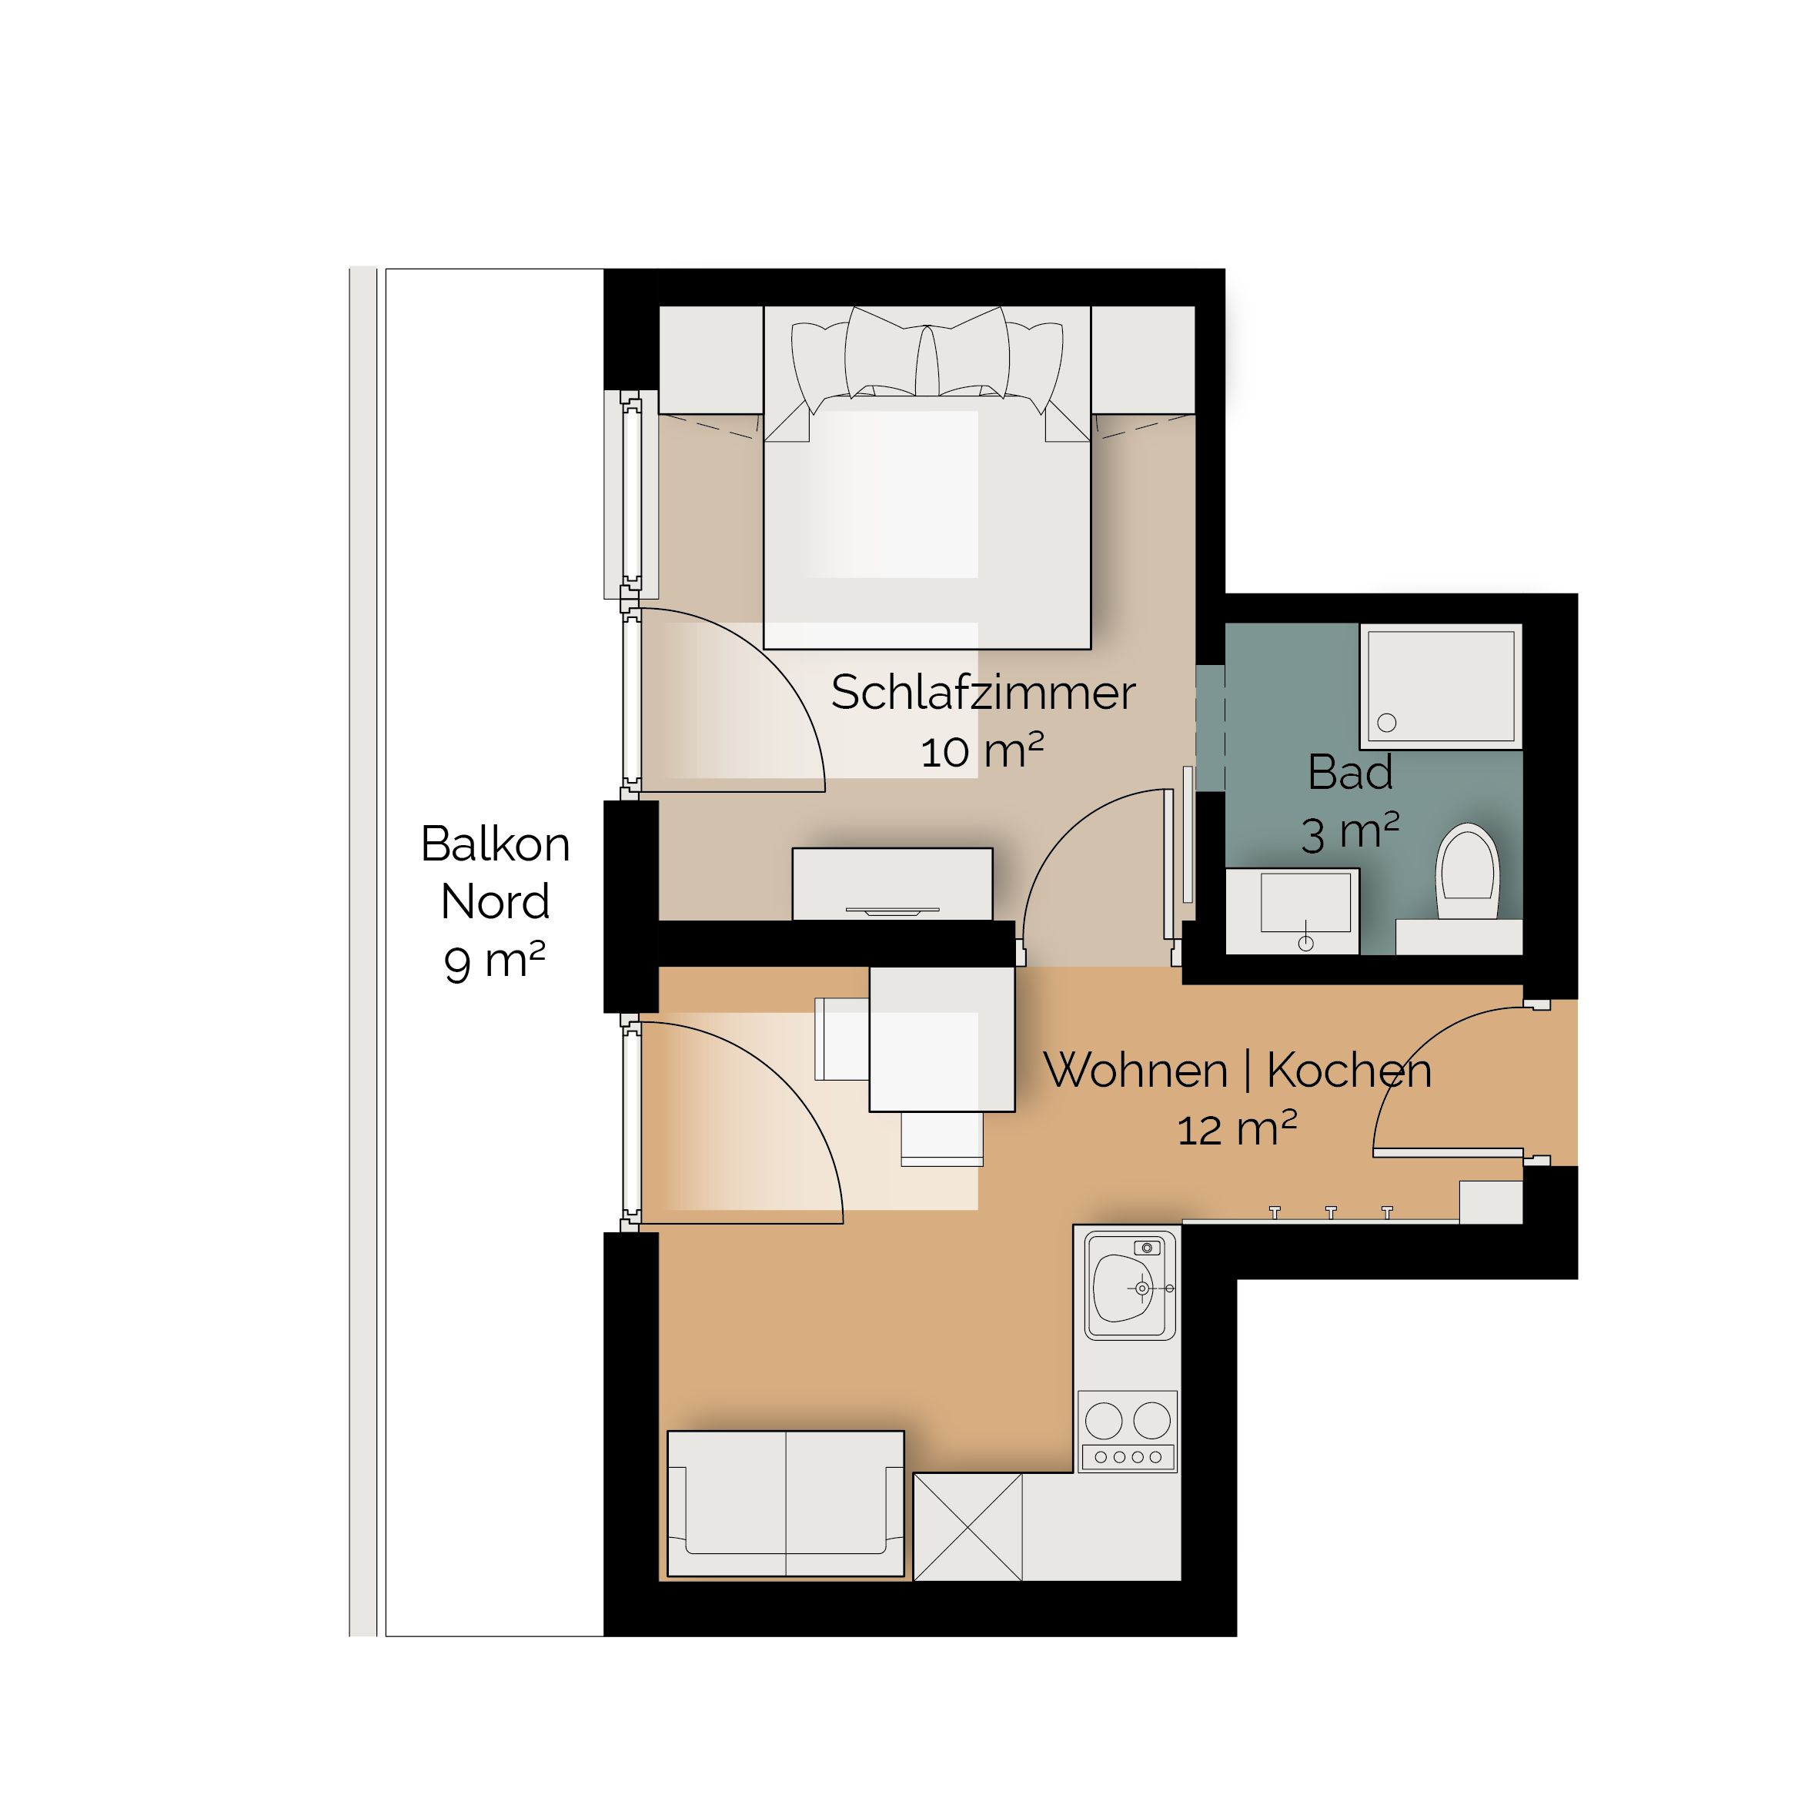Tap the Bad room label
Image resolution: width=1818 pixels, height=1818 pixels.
pos(1349,773)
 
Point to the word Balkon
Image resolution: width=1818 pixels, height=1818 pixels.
pos(495,844)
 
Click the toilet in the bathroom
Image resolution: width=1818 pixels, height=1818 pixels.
pos(1467,871)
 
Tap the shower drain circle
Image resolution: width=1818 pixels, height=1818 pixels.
pos(1386,724)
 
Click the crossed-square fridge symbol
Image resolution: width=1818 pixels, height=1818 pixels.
pos(967,1526)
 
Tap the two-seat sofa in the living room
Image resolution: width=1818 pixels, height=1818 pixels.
pos(786,1502)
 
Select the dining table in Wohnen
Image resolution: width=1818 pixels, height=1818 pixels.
pos(942,1040)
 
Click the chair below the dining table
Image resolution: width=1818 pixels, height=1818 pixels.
pos(942,1138)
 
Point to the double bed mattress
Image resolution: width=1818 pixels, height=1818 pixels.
pos(927,523)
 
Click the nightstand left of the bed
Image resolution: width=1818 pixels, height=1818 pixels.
pos(710,359)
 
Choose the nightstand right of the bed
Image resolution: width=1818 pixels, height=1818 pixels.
pos(1143,359)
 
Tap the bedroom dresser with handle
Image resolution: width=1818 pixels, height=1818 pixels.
pos(892,884)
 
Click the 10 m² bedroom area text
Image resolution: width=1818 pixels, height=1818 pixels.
pos(982,752)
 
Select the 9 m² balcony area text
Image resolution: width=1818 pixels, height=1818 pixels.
pos(495,961)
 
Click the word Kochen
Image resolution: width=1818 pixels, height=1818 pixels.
pos(1349,1070)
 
